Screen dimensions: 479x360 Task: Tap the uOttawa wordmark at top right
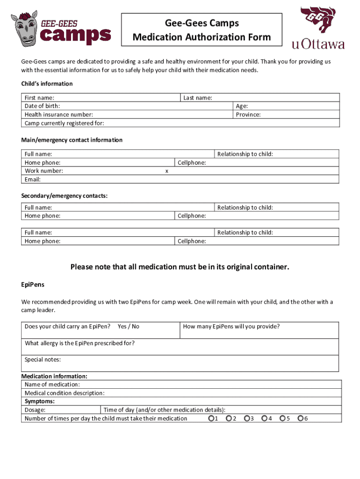coord(318,44)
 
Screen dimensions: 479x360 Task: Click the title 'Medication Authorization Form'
coord(202,37)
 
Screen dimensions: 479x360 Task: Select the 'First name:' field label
coord(39,98)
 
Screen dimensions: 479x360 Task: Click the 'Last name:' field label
coord(198,98)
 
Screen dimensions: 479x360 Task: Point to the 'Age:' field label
coord(242,106)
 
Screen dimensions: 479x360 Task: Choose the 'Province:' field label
coord(248,115)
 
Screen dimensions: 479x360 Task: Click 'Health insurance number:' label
coord(59,115)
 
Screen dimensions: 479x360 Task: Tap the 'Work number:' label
coord(44,171)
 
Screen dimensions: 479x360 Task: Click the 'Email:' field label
coord(33,179)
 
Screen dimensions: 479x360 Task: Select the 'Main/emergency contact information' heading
coord(72,140)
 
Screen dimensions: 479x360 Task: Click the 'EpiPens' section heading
coord(33,284)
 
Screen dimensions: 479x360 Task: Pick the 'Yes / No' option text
coord(129,327)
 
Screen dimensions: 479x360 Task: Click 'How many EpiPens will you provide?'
coord(231,327)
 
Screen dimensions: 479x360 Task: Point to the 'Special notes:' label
coord(43,360)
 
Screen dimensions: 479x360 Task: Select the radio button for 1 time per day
coord(211,418)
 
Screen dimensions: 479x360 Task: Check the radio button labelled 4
coord(265,418)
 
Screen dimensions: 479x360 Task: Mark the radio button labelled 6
coord(301,418)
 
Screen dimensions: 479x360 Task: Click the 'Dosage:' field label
coord(35,410)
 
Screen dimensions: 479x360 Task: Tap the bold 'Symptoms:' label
coord(40,401)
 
